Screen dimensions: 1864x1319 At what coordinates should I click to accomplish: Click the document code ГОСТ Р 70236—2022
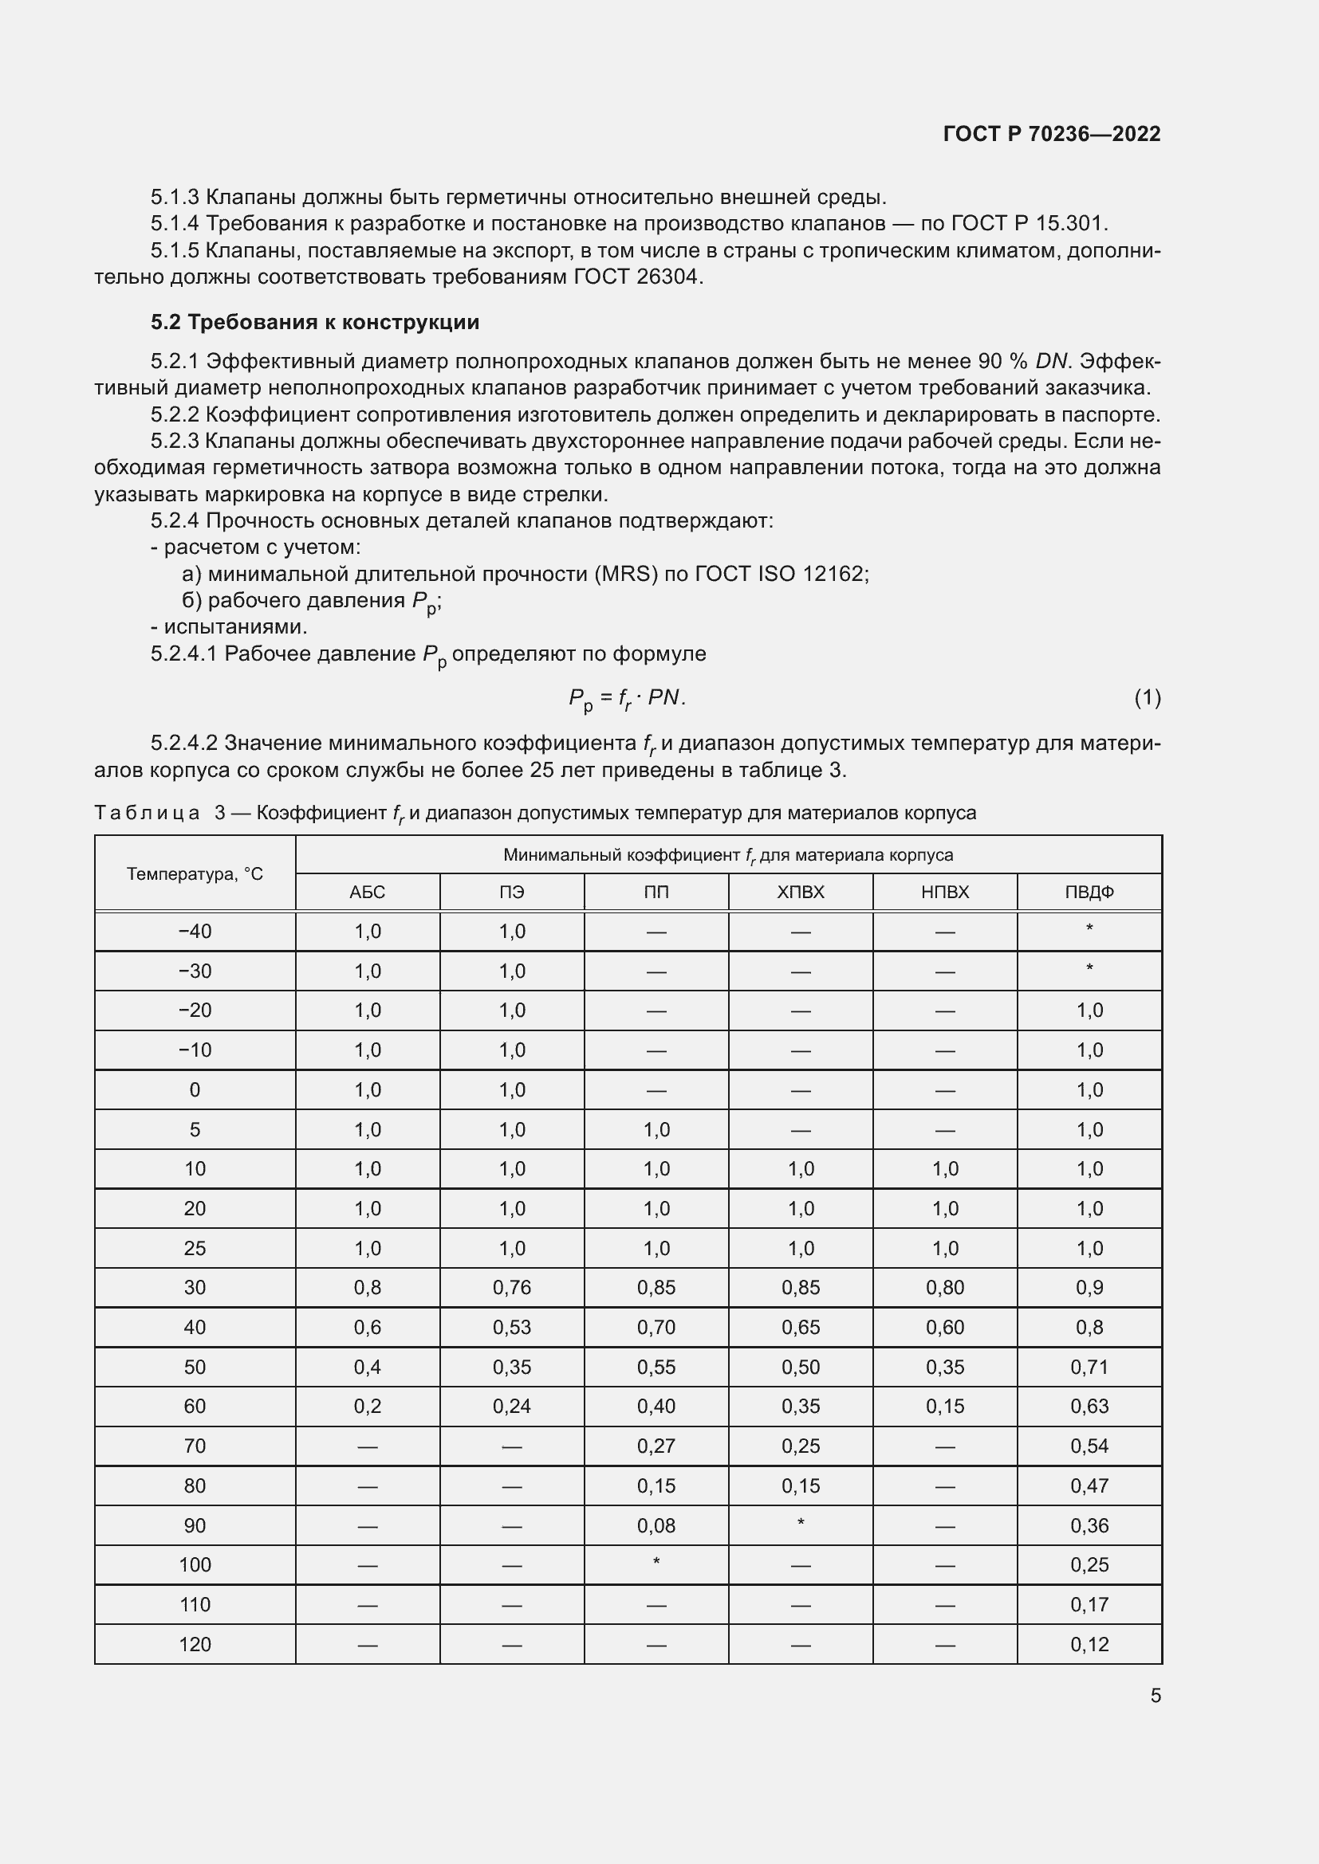tap(1051, 134)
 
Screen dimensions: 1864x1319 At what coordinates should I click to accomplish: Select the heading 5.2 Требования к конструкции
tap(314, 322)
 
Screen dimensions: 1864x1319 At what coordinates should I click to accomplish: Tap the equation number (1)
tap(1147, 697)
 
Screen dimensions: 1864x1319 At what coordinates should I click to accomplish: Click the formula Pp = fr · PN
tap(626, 698)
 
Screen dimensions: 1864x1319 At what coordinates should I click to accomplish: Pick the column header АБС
tap(367, 893)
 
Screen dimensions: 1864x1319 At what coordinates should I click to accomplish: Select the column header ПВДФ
tap(1089, 893)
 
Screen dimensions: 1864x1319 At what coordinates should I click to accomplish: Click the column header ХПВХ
tap(800, 893)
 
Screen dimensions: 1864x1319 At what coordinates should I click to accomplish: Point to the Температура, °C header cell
tap(194, 873)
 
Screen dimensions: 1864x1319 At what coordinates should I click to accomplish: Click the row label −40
tap(194, 931)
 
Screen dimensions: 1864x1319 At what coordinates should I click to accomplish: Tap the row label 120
tap(194, 1644)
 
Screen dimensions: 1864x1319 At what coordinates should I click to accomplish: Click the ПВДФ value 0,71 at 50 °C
tap(1089, 1368)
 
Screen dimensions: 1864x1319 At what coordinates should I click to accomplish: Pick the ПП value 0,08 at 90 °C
tap(656, 1525)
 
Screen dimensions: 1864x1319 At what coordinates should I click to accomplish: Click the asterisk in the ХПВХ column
tap(800, 1523)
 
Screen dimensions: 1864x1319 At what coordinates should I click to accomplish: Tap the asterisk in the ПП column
tap(656, 1563)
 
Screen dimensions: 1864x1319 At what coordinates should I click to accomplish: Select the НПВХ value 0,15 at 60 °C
tap(944, 1406)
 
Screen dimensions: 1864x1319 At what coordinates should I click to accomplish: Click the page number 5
tap(1155, 1695)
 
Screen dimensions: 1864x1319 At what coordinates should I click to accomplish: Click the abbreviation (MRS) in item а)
tap(625, 574)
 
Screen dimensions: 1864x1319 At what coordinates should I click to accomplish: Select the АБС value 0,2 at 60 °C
tap(367, 1406)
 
